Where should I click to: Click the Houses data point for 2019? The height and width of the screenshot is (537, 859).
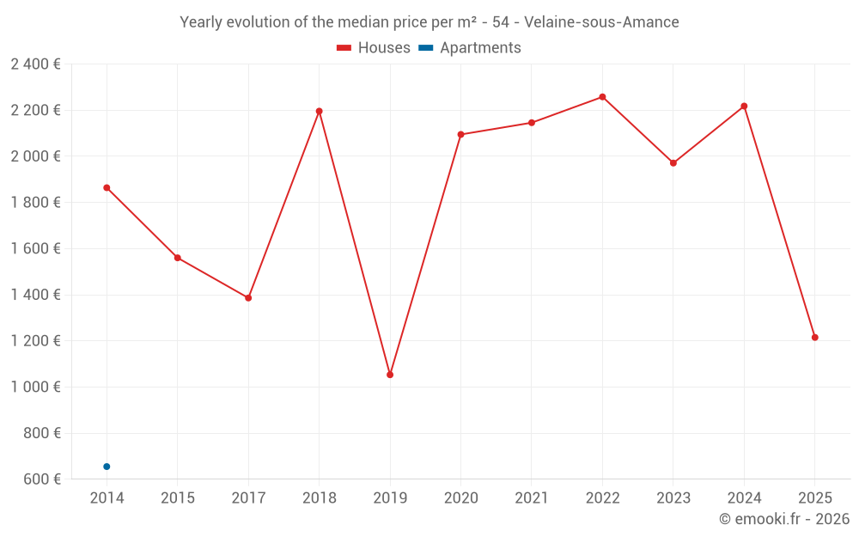tap(390, 375)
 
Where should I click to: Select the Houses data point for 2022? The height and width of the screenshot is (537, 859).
tap(602, 97)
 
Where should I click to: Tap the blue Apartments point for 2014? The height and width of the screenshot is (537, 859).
tap(107, 467)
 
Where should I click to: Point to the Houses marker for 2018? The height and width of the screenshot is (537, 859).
tap(319, 111)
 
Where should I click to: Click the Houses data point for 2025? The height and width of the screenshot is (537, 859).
tap(814, 338)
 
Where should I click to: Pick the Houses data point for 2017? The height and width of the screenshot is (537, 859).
tap(248, 298)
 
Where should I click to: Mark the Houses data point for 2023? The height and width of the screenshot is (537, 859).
tap(673, 163)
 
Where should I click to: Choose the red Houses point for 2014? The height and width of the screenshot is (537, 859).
tap(107, 187)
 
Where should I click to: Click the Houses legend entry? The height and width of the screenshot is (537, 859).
tap(374, 48)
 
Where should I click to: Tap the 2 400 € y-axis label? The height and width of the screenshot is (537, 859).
tap(35, 64)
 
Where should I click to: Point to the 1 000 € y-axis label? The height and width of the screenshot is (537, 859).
tap(35, 387)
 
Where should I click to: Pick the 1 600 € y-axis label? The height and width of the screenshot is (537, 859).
tap(35, 248)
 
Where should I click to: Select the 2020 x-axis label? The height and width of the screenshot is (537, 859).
tap(460, 498)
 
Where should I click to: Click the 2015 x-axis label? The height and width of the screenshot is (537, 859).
tap(178, 498)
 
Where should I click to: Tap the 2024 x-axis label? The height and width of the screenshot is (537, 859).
tap(744, 498)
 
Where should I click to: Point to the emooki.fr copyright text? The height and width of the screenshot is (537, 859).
tap(783, 519)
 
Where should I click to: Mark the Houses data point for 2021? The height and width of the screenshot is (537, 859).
tap(532, 123)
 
